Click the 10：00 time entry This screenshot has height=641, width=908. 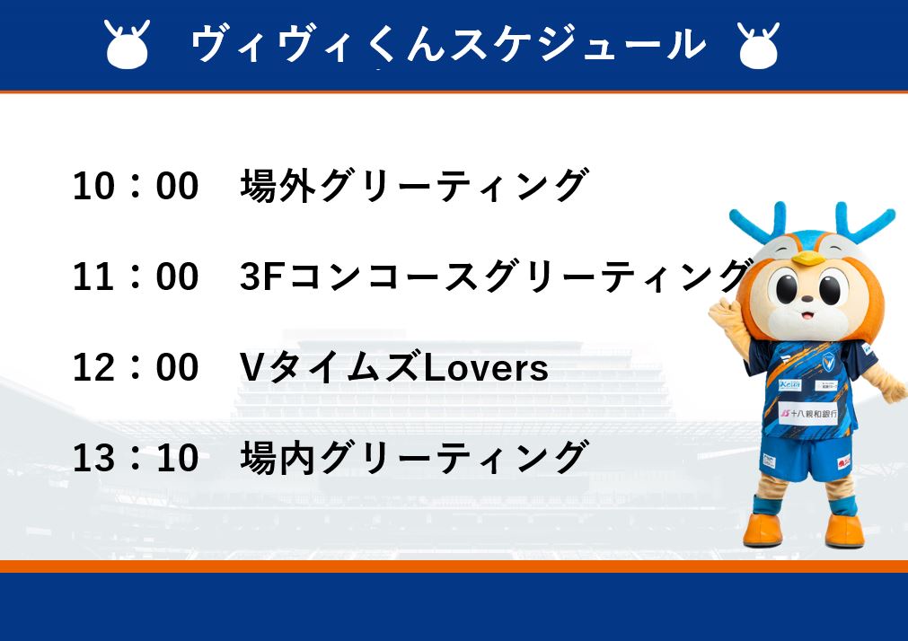click(136, 186)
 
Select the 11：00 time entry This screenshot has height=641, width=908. click(136, 277)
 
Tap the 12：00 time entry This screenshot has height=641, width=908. click(136, 367)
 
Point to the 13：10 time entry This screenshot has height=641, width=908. click(136, 458)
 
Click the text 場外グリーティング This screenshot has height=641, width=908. click(415, 185)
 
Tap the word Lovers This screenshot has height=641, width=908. click(485, 368)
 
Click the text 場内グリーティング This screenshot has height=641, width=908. click(415, 458)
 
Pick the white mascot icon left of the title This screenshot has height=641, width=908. click(128, 45)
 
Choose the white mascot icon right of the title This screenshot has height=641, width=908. click(759, 46)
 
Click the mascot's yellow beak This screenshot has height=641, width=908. click(807, 258)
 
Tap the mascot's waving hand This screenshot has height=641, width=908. click(723, 317)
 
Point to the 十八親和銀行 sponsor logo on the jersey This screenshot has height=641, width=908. click(808, 414)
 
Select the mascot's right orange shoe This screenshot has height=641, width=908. click(845, 530)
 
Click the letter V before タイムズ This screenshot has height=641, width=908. click(251, 368)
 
